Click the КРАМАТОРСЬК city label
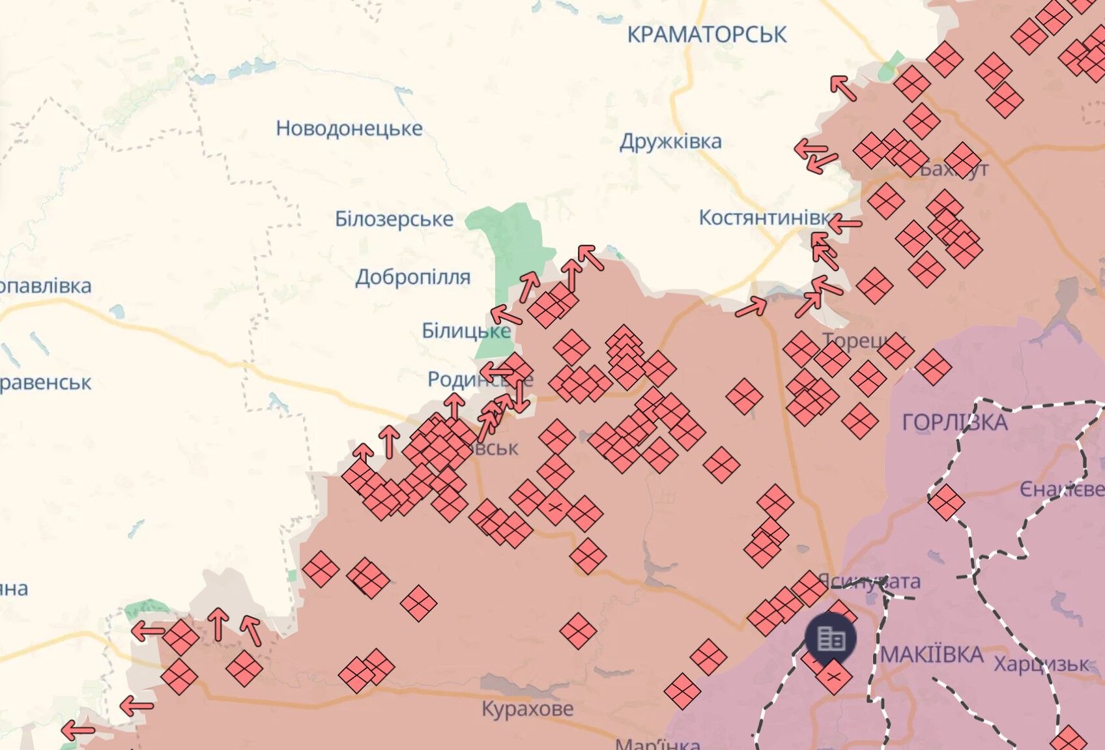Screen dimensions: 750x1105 (707, 35)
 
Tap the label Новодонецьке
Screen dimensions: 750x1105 (349, 128)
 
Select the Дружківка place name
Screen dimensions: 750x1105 (670, 141)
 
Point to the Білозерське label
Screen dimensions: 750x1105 (394, 219)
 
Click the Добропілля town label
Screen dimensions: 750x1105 (413, 277)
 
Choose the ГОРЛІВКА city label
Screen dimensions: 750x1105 (954, 423)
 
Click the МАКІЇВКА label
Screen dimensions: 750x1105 (932, 654)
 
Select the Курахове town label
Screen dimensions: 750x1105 (528, 708)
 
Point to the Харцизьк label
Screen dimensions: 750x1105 (1040, 665)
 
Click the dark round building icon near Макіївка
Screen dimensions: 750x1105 (831, 638)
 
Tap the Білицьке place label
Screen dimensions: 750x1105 (465, 331)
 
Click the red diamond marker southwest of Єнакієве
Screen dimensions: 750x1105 (946, 502)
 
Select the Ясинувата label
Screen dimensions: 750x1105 (869, 581)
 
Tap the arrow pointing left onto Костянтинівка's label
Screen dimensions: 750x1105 (845, 224)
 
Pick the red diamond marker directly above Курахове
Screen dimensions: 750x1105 (578, 631)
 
